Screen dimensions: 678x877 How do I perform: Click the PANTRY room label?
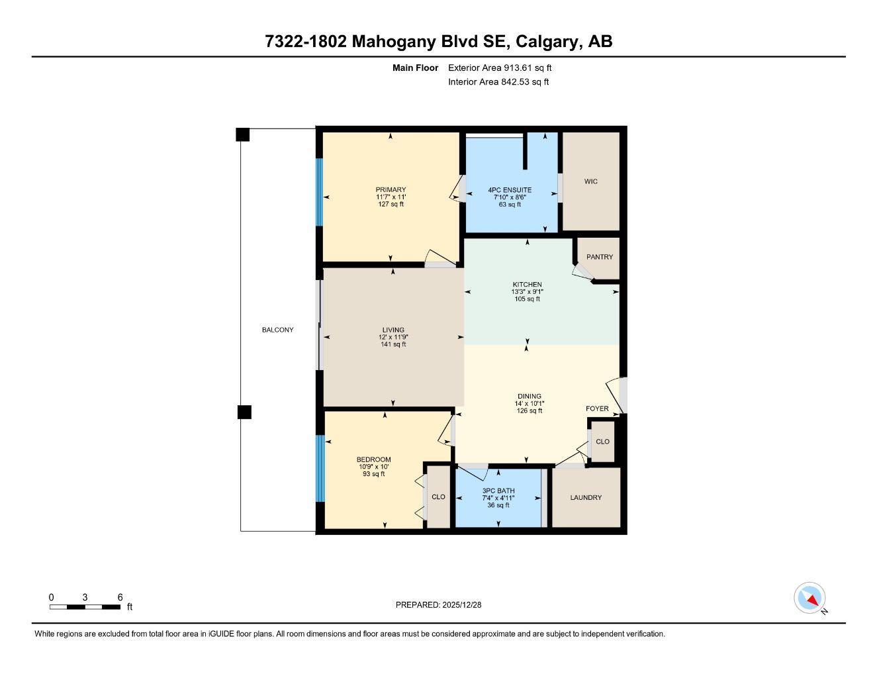click(x=599, y=257)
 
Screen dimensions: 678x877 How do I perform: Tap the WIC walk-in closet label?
click(x=590, y=181)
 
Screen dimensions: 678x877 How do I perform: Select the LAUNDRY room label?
click(x=586, y=498)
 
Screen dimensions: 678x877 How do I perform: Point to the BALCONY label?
click(x=277, y=330)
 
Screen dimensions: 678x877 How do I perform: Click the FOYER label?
click(x=597, y=409)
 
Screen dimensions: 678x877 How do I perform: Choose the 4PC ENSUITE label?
click(x=510, y=190)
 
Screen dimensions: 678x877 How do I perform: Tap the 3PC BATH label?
click(x=498, y=491)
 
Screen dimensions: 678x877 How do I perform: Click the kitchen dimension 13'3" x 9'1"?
click(x=527, y=291)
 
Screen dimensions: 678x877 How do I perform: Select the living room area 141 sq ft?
click(x=393, y=344)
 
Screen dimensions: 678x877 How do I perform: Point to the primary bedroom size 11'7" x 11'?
click(x=391, y=197)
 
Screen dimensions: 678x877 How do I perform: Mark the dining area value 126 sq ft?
click(x=529, y=411)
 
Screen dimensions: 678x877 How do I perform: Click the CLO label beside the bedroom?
click(x=438, y=497)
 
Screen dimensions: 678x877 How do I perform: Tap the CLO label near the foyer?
click(x=602, y=442)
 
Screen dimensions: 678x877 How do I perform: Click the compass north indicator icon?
click(x=810, y=599)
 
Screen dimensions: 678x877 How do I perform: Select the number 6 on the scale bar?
click(x=120, y=597)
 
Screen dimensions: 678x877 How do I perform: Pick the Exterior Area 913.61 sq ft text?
click(x=500, y=68)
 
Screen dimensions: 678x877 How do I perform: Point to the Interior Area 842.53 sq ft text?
click(x=498, y=82)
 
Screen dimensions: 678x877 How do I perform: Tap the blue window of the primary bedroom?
click(x=319, y=192)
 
